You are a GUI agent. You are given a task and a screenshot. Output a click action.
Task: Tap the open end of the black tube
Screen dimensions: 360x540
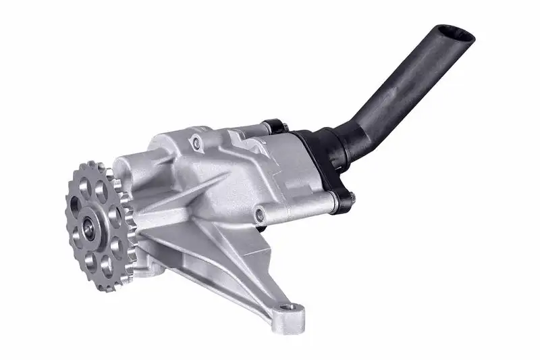(454, 34)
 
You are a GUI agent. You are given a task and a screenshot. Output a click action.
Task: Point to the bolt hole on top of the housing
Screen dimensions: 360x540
(196, 143)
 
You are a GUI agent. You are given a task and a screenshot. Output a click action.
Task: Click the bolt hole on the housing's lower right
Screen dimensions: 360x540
(260, 215)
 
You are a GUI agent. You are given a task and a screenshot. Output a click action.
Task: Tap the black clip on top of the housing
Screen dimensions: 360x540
(274, 126)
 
